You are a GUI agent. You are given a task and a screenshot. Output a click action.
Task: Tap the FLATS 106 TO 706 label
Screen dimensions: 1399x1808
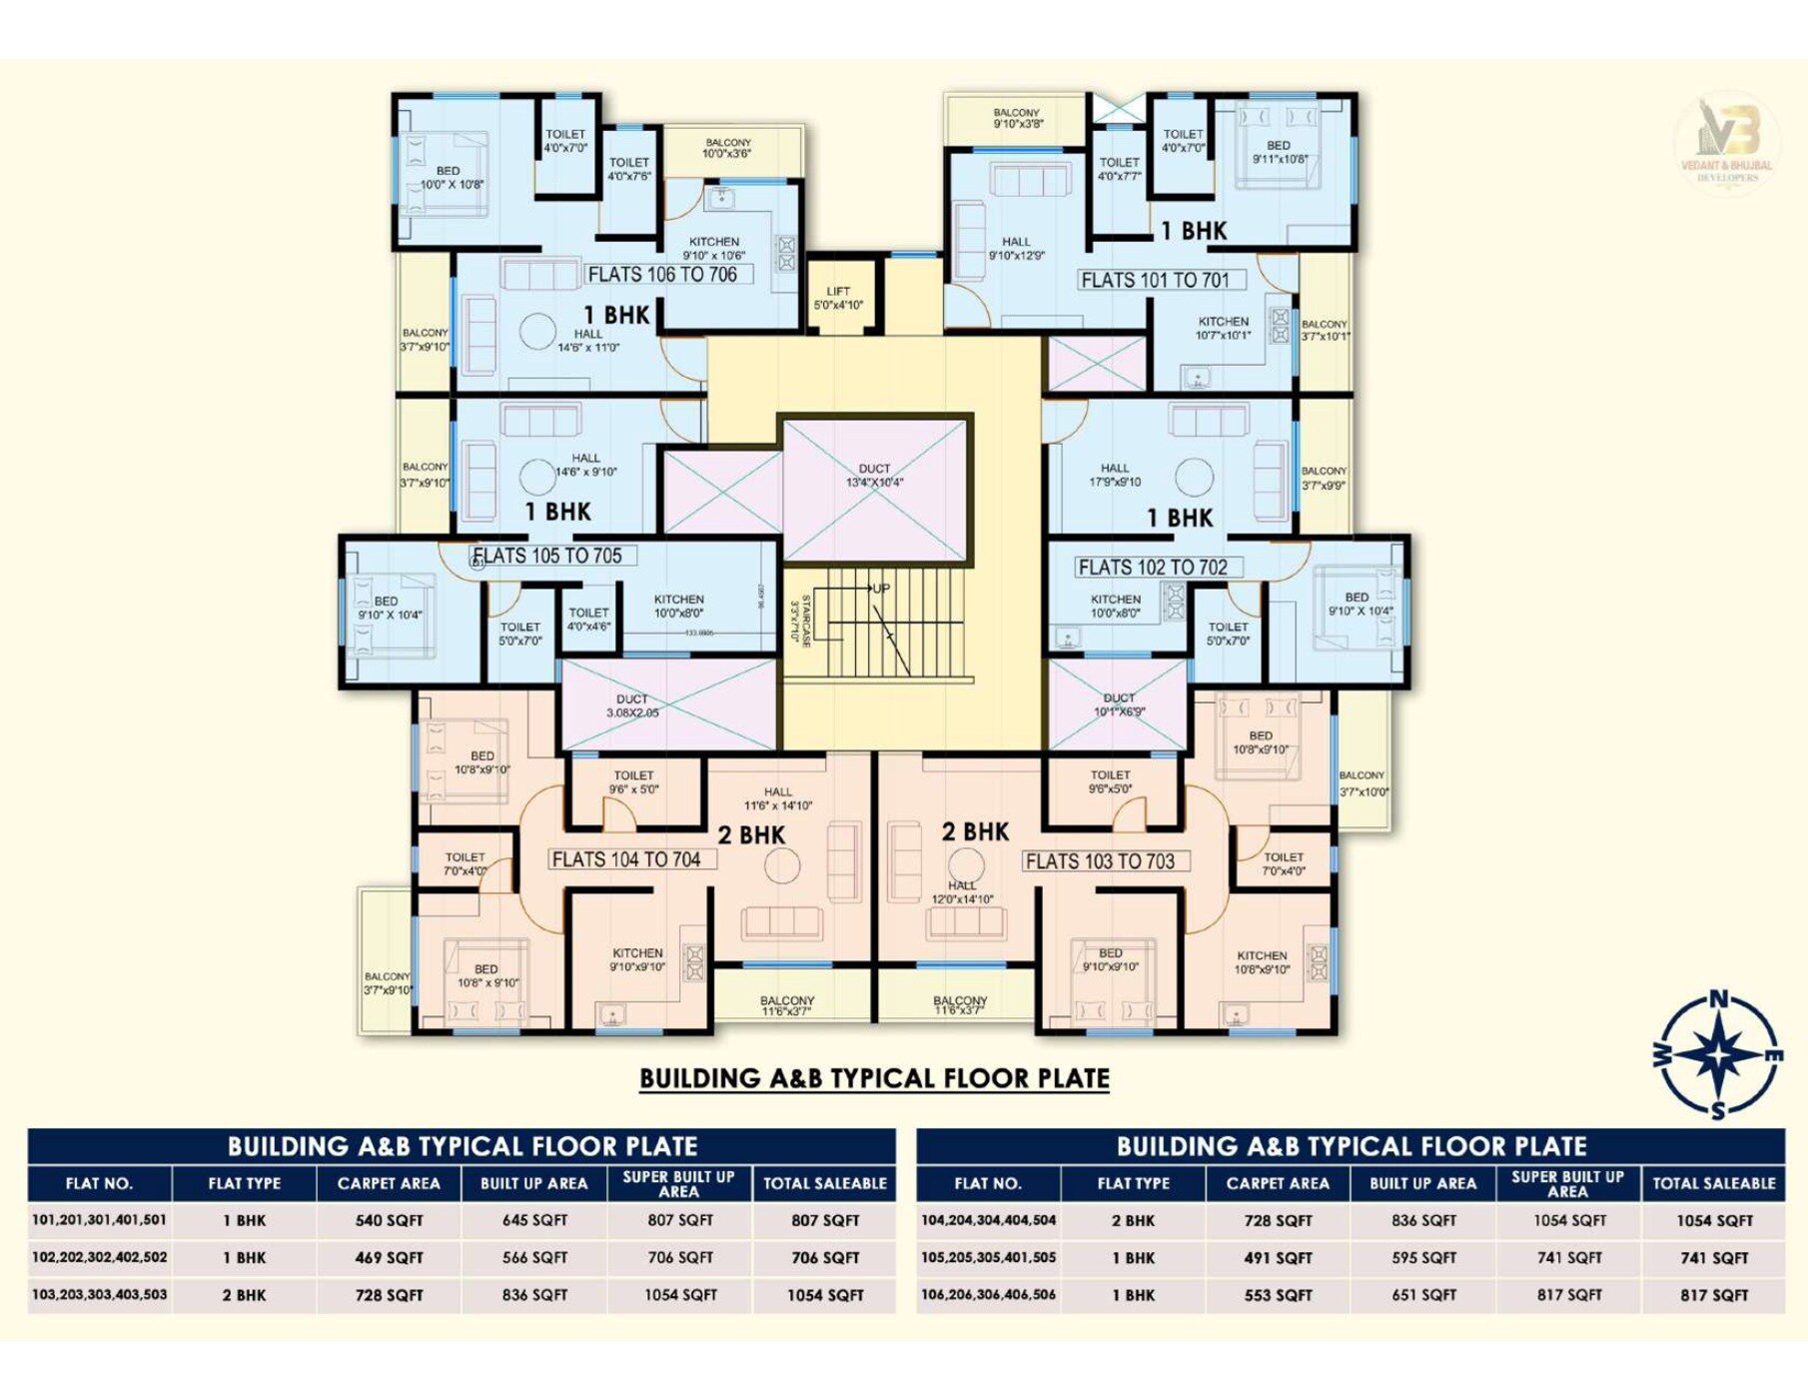pyautogui.click(x=662, y=275)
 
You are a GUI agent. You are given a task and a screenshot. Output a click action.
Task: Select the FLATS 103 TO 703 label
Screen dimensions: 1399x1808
pyautogui.click(x=1100, y=861)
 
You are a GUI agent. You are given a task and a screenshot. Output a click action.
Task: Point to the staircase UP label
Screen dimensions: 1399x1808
pyautogui.click(x=880, y=589)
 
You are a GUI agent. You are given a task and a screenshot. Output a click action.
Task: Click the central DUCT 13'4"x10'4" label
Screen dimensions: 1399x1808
pyautogui.click(x=874, y=476)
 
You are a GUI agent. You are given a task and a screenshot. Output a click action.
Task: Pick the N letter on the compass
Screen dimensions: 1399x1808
pyautogui.click(x=1718, y=998)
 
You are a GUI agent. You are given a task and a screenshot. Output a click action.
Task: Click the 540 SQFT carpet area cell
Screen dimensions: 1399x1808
pyautogui.click(x=389, y=1220)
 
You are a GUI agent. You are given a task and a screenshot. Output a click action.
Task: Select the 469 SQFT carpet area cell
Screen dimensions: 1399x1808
pyautogui.click(x=389, y=1257)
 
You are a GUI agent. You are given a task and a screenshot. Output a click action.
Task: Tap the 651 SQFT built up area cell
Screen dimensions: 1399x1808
pyautogui.click(x=1423, y=1295)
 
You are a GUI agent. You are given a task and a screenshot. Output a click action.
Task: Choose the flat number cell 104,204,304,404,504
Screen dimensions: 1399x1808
pyautogui.click(x=988, y=1220)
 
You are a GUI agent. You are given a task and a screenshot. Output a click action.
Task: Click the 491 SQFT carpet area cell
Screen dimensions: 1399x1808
pyautogui.click(x=1278, y=1258)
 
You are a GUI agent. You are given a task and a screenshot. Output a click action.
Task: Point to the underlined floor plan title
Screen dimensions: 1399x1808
pyautogui.click(x=874, y=1078)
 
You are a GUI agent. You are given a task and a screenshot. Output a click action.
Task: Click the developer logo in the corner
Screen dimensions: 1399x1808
pyautogui.click(x=1726, y=141)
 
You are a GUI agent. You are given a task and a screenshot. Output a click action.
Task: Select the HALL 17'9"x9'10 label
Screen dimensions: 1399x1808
pyautogui.click(x=1115, y=475)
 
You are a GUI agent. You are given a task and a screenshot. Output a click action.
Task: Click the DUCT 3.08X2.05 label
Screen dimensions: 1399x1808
pyautogui.click(x=632, y=705)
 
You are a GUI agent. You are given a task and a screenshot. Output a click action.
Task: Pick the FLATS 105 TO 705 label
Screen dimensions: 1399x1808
pyautogui.click(x=547, y=557)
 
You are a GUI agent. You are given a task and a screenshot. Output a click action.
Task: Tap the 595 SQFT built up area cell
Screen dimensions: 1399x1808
pyautogui.click(x=1423, y=1258)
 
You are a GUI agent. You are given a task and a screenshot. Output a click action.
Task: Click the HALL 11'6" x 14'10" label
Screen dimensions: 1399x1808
pyautogui.click(x=778, y=798)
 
